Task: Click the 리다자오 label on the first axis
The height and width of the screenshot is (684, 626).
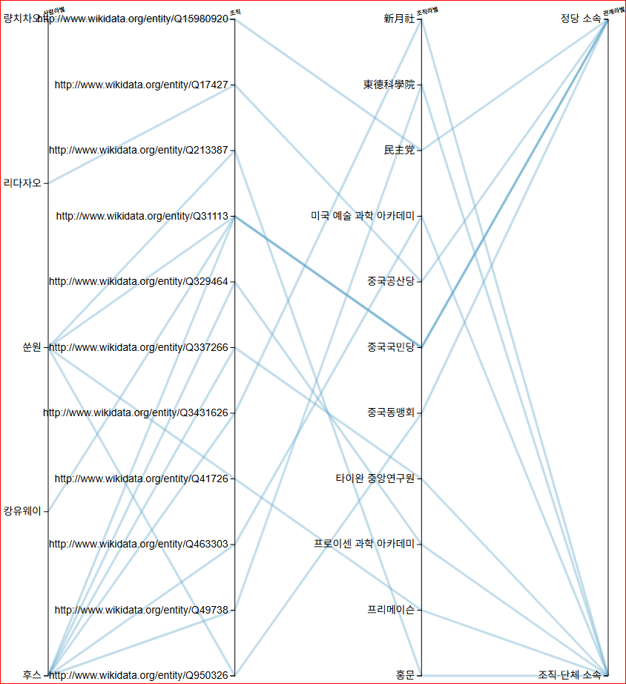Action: tap(22, 182)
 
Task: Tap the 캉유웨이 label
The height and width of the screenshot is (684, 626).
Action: tap(22, 511)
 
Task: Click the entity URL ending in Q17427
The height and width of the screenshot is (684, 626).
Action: tap(141, 85)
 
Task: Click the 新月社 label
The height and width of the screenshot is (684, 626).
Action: tap(399, 19)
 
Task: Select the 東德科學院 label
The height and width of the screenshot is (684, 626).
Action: tap(389, 85)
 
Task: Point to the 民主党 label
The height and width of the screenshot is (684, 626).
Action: tap(399, 151)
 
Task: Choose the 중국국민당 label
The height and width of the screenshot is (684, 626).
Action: tap(391, 347)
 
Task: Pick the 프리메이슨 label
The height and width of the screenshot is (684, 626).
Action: tap(391, 611)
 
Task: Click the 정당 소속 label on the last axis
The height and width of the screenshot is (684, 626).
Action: tap(580, 19)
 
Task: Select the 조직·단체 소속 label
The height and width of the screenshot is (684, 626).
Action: tap(569, 675)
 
